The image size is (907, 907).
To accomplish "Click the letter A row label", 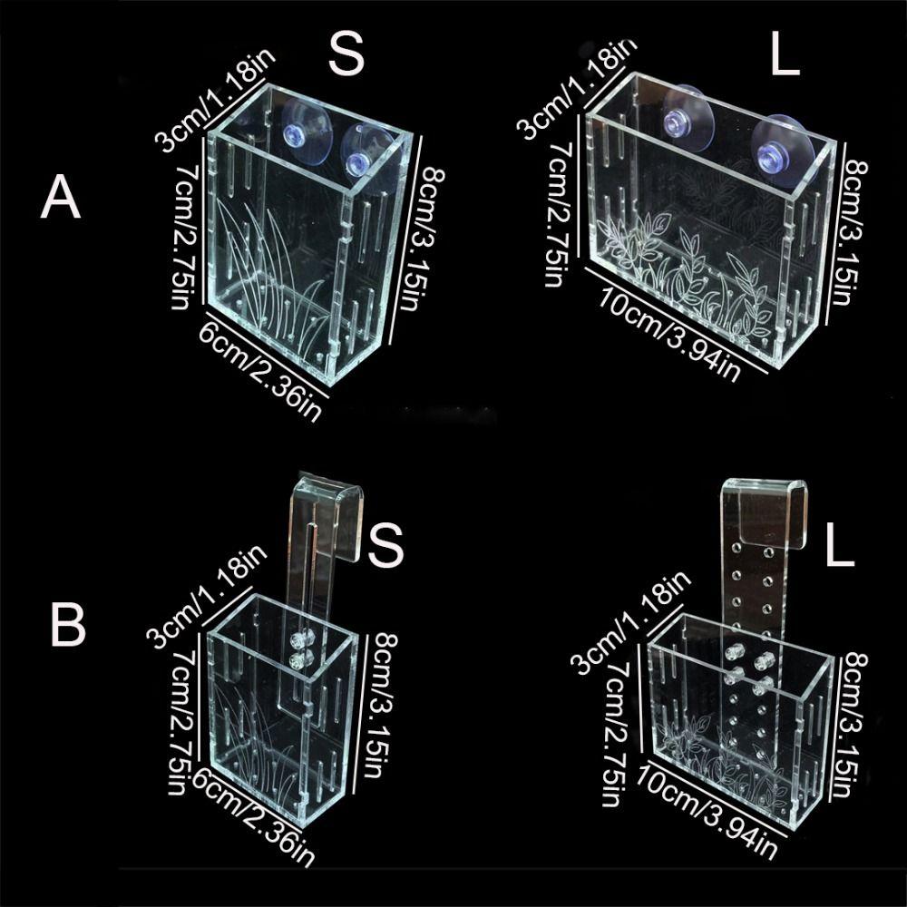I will pyautogui.click(x=61, y=198).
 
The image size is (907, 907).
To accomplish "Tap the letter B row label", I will pyautogui.click(x=67, y=623).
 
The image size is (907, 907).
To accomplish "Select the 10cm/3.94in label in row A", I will pyautogui.click(x=672, y=331).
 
